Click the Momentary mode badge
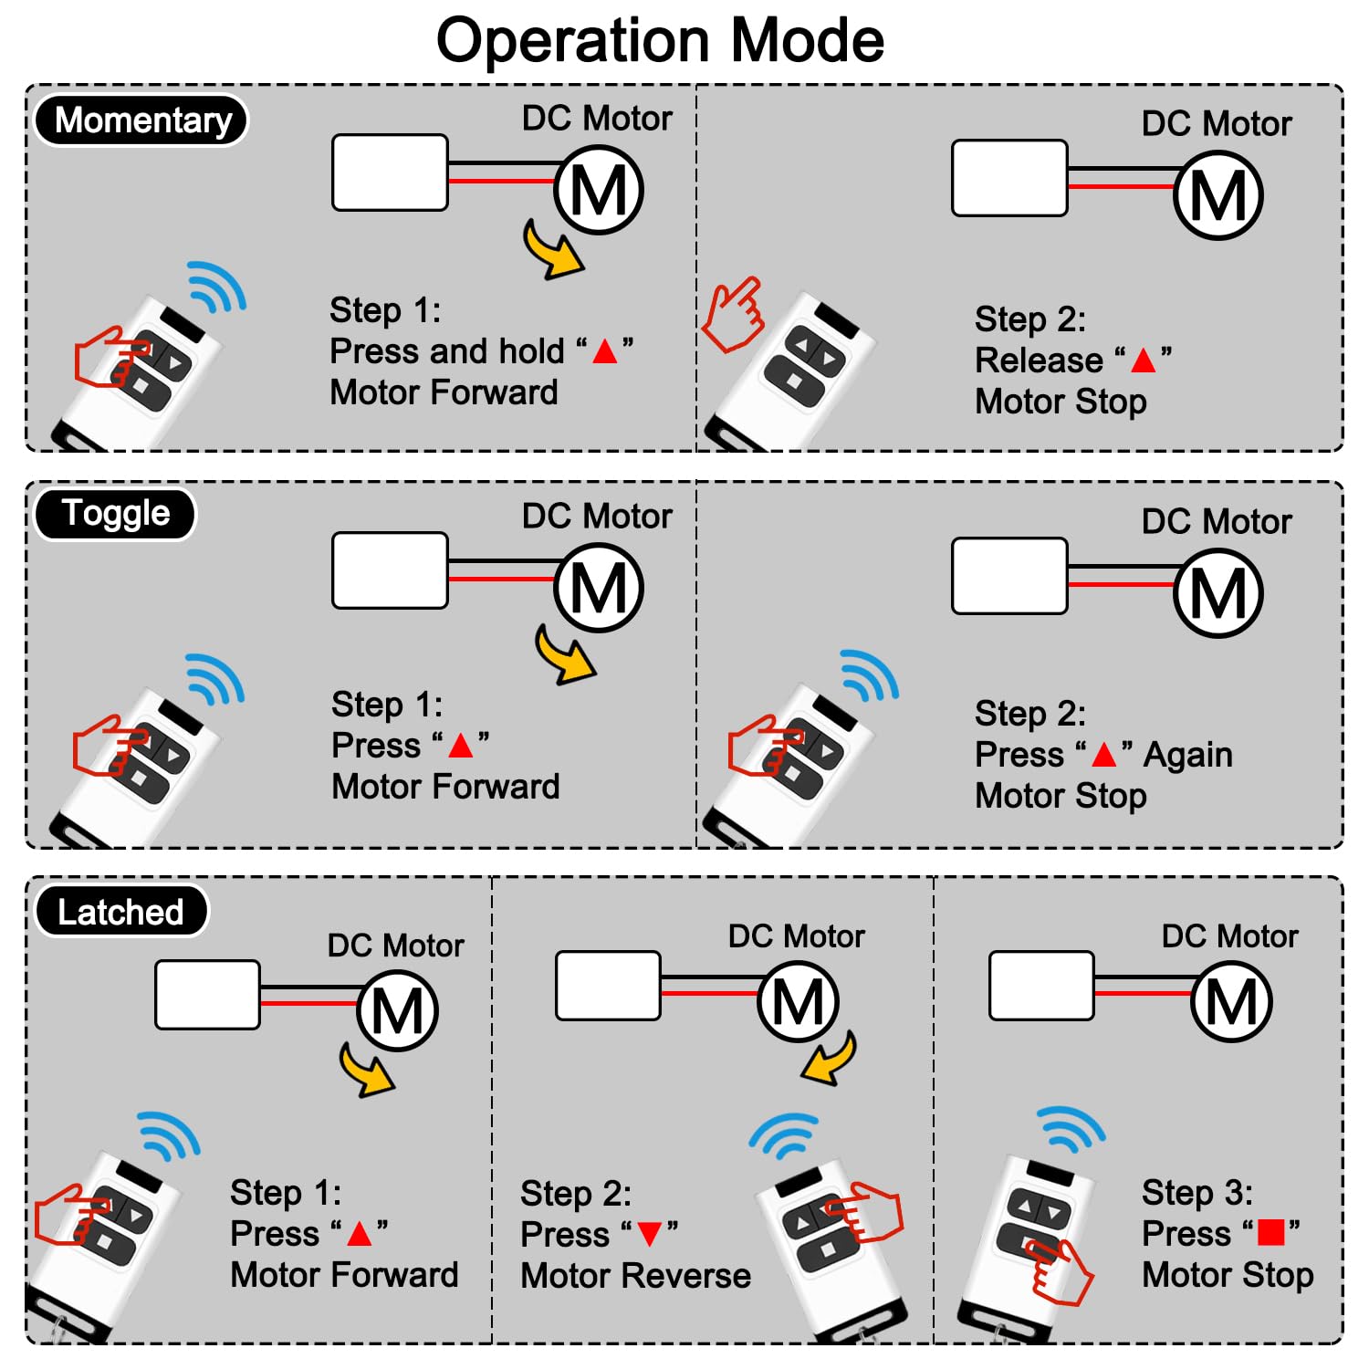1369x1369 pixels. pyautogui.click(x=141, y=120)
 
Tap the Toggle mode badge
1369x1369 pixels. pyautogui.click(x=115, y=514)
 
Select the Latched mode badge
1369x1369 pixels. pyautogui.click(x=121, y=912)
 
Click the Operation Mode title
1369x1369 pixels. pyautogui.click(x=660, y=41)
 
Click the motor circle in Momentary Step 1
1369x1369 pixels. pyautogui.click(x=599, y=190)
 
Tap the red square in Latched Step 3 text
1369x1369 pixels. pyautogui.click(x=1270, y=1232)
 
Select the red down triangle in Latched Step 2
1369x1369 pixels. pyautogui.click(x=650, y=1234)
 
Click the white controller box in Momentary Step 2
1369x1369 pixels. pyautogui.click(x=1009, y=178)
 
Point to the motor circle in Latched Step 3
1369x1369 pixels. pyautogui.click(x=1231, y=1001)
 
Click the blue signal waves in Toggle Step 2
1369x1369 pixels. pyautogui.click(x=869, y=675)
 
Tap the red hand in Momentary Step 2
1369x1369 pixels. pyautogui.click(x=733, y=315)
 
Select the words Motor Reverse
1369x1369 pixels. pyautogui.click(x=635, y=1275)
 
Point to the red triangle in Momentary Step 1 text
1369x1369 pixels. pyautogui.click(x=605, y=351)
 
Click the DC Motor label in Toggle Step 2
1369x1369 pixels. pyautogui.click(x=1217, y=521)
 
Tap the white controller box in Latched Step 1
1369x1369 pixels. pyautogui.click(x=208, y=995)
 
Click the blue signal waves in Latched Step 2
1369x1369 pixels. pyautogui.click(x=784, y=1134)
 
